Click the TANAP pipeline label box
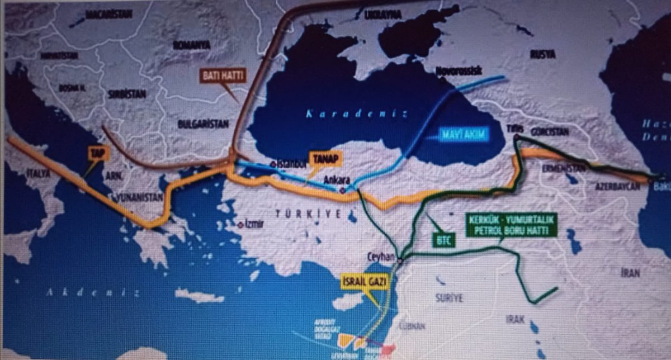tap(324, 159)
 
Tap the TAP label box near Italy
tap(96, 152)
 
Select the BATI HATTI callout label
tap(223, 76)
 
